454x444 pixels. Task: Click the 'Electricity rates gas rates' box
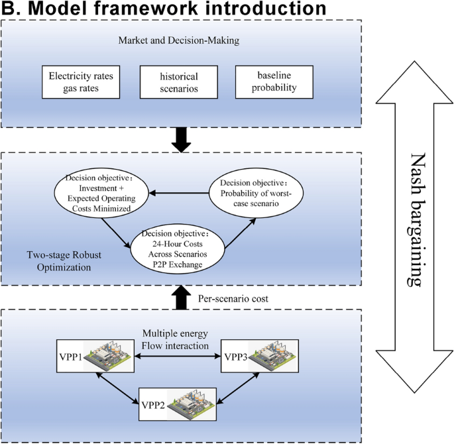tap(82, 82)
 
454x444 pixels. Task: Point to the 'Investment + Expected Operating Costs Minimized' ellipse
tap(99, 195)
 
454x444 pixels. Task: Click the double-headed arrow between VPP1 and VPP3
tap(177, 357)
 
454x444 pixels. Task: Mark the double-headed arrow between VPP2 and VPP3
tap(242, 388)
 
